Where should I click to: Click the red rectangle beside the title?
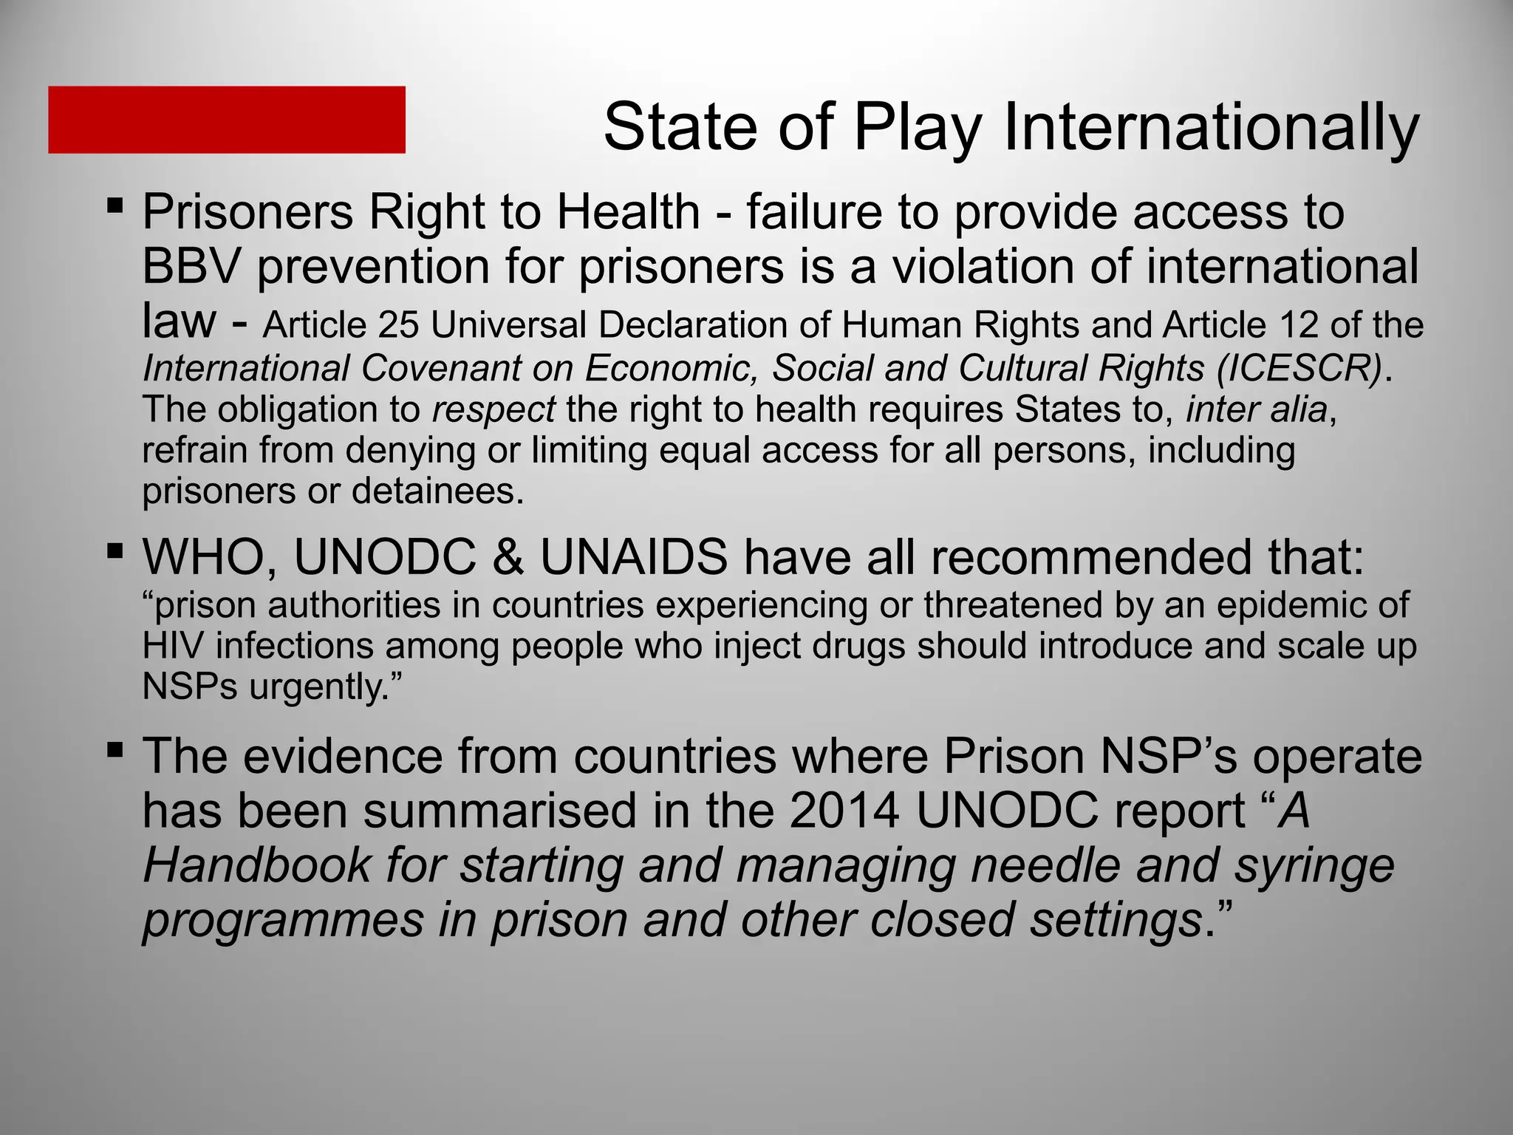click(227, 120)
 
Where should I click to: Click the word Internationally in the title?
click(1211, 127)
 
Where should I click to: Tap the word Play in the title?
click(918, 127)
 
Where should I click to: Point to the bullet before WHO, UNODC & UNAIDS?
click(115, 550)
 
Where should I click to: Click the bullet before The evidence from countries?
click(115, 749)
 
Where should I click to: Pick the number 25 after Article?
click(399, 325)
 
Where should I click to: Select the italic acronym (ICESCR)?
click(1299, 368)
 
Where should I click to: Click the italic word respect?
click(493, 410)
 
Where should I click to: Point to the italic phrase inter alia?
click(1257, 409)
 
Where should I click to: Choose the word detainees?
click(437, 491)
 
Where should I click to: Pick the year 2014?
click(844, 811)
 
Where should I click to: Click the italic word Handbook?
click(256, 865)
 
